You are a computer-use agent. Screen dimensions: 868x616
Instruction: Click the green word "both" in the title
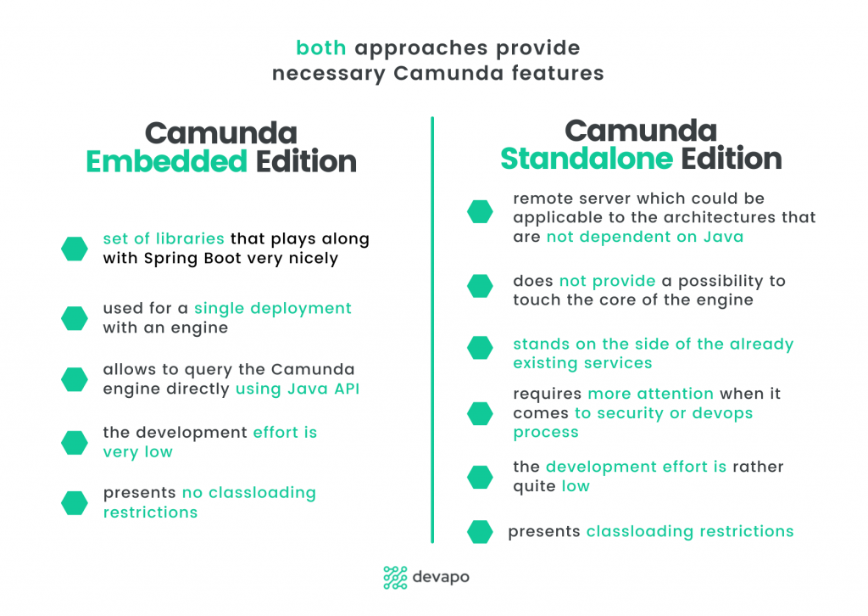tap(321, 48)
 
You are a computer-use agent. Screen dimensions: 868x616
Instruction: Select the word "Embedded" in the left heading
tap(167, 162)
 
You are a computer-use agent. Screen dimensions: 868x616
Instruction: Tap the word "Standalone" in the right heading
tap(587, 159)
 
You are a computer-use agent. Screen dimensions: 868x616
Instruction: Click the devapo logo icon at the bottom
tap(395, 577)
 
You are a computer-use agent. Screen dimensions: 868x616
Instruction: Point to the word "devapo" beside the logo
tap(441, 577)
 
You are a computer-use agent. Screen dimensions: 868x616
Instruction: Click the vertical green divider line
tap(432, 329)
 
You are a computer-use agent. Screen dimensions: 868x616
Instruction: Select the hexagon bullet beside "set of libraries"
tap(75, 249)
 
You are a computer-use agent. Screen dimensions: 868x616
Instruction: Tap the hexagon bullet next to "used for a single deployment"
tap(75, 318)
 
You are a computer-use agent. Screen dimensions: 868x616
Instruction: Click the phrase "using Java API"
tap(298, 389)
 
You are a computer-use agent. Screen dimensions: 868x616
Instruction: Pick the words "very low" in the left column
tap(138, 452)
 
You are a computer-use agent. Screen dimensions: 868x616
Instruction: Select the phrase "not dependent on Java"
tap(645, 237)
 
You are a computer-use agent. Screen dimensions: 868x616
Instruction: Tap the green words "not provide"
tap(607, 281)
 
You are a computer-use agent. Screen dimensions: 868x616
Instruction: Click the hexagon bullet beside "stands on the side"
tap(480, 348)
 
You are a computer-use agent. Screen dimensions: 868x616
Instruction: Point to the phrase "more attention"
tap(650, 394)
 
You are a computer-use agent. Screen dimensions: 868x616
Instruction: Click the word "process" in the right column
tap(546, 433)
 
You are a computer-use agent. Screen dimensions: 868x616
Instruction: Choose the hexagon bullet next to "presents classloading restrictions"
tap(480, 532)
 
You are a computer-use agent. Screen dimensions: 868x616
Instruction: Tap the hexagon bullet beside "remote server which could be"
tap(480, 211)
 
